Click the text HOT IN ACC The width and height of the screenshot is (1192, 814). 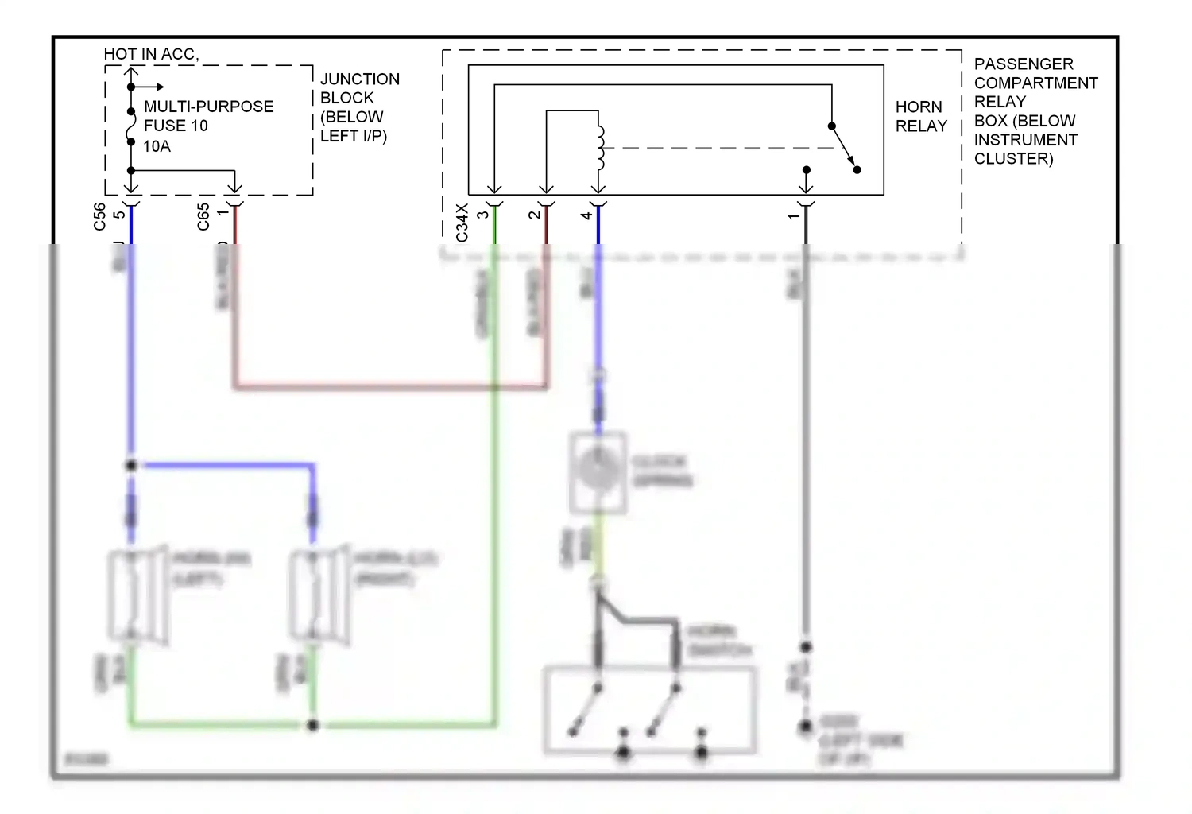point(150,54)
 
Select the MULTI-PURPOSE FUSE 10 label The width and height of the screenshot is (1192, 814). point(208,116)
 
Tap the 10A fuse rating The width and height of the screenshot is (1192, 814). point(157,146)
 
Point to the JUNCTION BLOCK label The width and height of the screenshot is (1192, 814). point(359,88)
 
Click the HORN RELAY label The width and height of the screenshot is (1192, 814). point(920,116)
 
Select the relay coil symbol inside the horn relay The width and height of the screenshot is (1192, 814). point(600,147)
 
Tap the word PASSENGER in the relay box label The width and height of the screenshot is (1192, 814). point(1023,64)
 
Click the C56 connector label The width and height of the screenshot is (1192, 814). point(99,216)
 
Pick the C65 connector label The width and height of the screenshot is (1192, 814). point(203,216)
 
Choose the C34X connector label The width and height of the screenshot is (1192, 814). point(462,223)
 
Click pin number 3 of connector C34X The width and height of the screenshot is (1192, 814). point(482,215)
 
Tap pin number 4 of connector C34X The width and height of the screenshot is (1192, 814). point(586,215)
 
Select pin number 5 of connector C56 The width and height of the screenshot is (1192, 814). point(119,215)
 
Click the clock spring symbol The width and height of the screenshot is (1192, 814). point(598,471)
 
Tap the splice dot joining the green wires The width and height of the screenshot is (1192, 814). point(313,725)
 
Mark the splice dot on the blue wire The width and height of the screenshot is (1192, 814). point(131,465)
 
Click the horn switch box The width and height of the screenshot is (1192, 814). point(649,710)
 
